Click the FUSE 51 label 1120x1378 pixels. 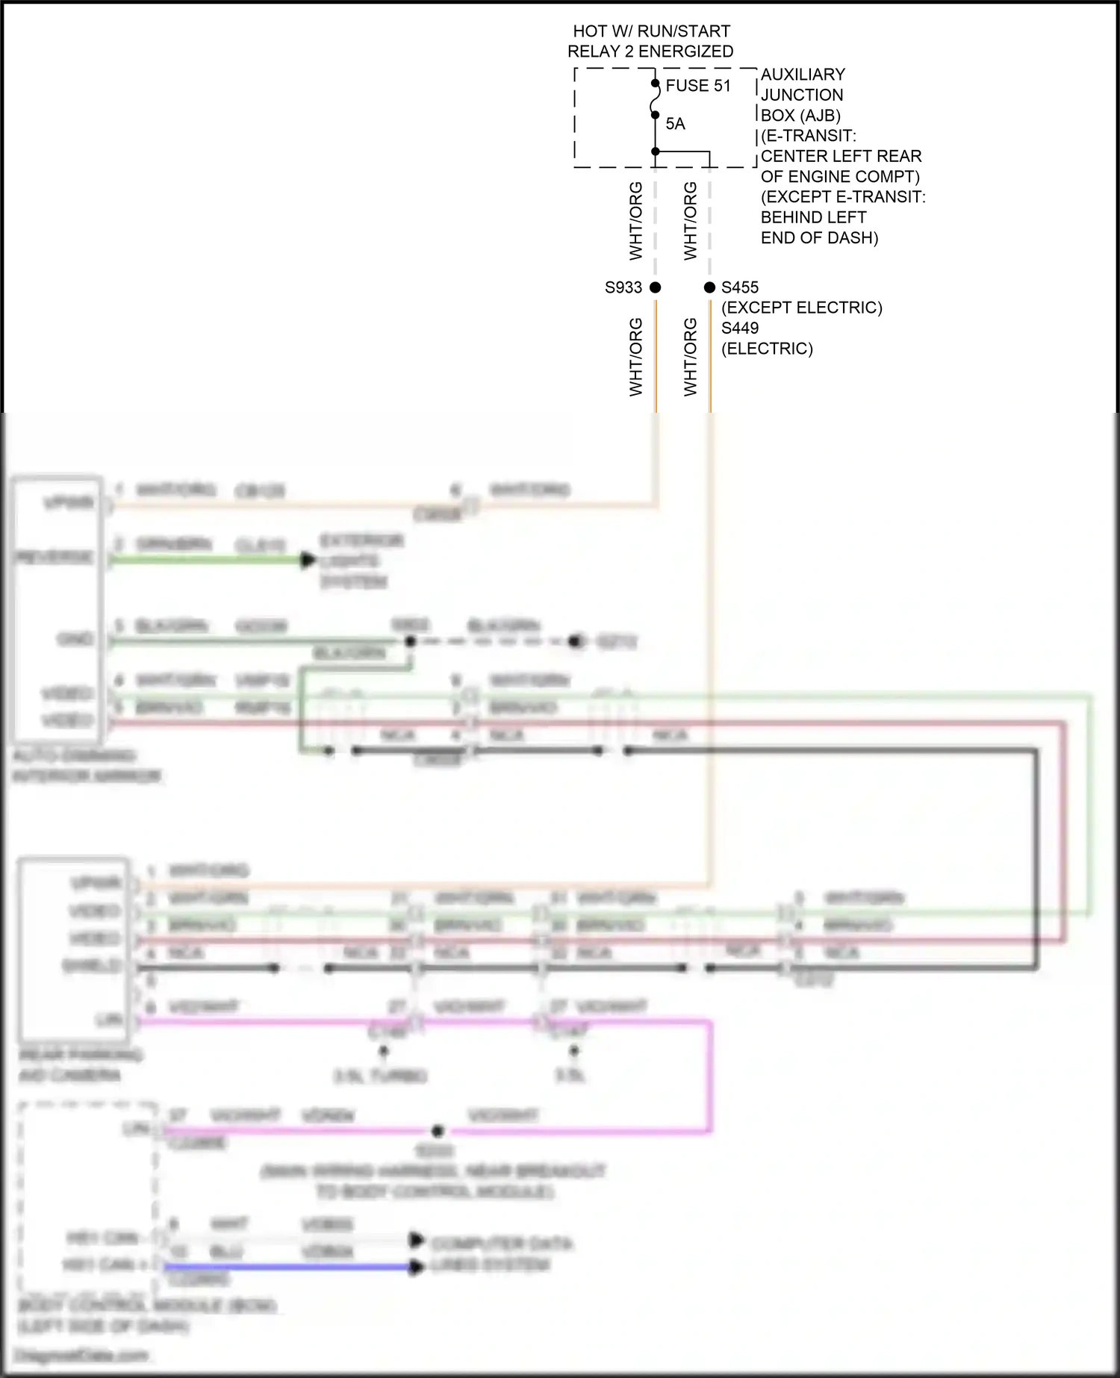[x=697, y=86]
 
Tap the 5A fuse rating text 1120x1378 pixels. [x=675, y=124]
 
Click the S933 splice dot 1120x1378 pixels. [x=656, y=287]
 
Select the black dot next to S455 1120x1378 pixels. [x=709, y=287]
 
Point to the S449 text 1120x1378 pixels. [x=739, y=328]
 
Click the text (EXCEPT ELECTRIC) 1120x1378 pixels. [x=801, y=308]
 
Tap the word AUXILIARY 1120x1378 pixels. [x=803, y=75]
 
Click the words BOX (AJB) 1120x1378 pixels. [x=800, y=116]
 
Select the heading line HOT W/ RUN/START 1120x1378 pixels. [x=651, y=31]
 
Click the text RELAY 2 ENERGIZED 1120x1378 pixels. [x=650, y=52]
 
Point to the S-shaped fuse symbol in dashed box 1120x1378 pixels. [x=655, y=99]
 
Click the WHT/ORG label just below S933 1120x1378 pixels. [x=635, y=357]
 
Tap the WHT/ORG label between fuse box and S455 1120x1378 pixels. [x=690, y=221]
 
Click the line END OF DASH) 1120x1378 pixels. [x=819, y=238]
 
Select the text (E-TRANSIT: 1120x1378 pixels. [x=808, y=136]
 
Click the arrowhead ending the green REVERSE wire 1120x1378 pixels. [x=308, y=560]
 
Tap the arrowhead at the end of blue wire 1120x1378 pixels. [x=416, y=1267]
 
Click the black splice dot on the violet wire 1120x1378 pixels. [x=438, y=1131]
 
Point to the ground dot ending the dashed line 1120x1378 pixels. [x=575, y=641]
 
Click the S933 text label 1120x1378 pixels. [x=623, y=287]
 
